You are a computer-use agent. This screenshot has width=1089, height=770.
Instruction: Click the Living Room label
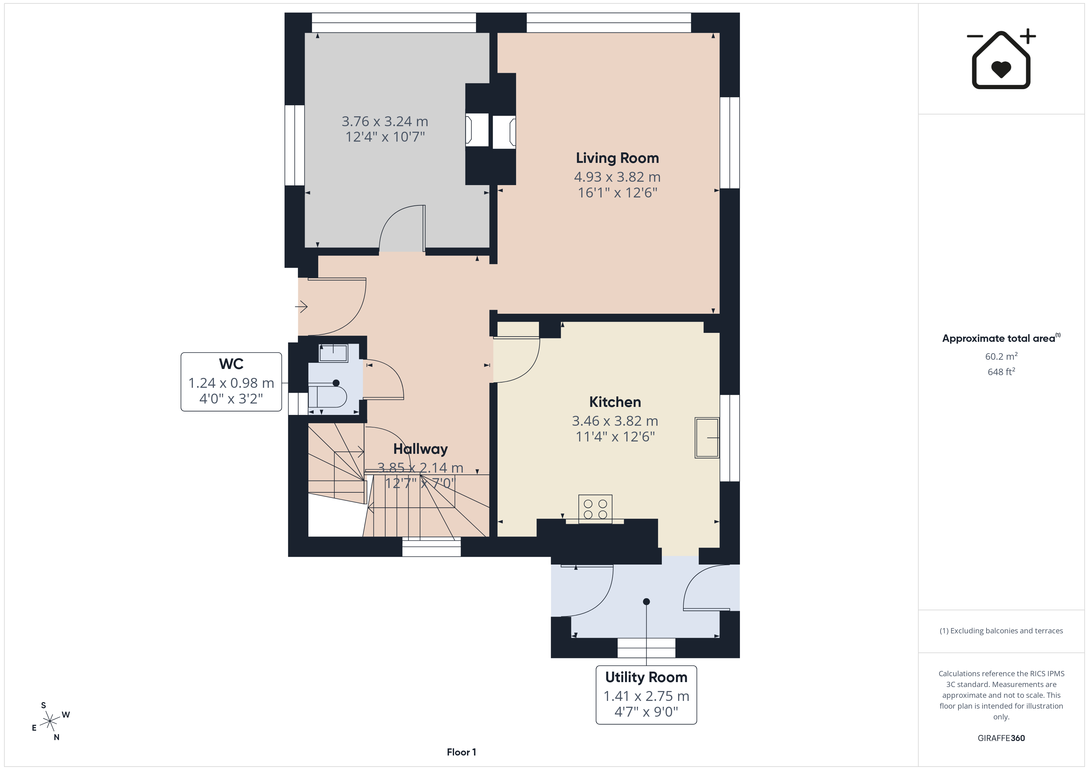coord(617,158)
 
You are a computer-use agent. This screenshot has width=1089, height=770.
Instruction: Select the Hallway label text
coord(420,449)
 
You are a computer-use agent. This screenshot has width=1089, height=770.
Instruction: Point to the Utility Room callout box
coord(646,695)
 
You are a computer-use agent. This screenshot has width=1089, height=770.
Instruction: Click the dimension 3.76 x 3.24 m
coord(385,121)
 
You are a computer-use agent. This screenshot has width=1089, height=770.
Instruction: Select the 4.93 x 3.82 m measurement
coord(617,177)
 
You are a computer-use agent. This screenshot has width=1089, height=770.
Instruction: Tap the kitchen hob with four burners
coord(595,509)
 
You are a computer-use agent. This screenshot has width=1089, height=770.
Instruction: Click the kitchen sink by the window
coord(707,438)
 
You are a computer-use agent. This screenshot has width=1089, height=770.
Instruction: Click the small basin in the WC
coord(333,353)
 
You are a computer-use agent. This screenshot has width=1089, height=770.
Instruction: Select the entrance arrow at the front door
coord(301,307)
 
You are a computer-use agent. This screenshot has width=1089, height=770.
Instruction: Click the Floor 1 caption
coord(461,752)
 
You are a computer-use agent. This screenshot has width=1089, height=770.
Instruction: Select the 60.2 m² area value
coord(1001,356)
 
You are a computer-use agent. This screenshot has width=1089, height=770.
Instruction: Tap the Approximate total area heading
coord(1001,338)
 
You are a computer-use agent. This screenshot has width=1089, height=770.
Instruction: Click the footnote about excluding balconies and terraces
coord(1001,631)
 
